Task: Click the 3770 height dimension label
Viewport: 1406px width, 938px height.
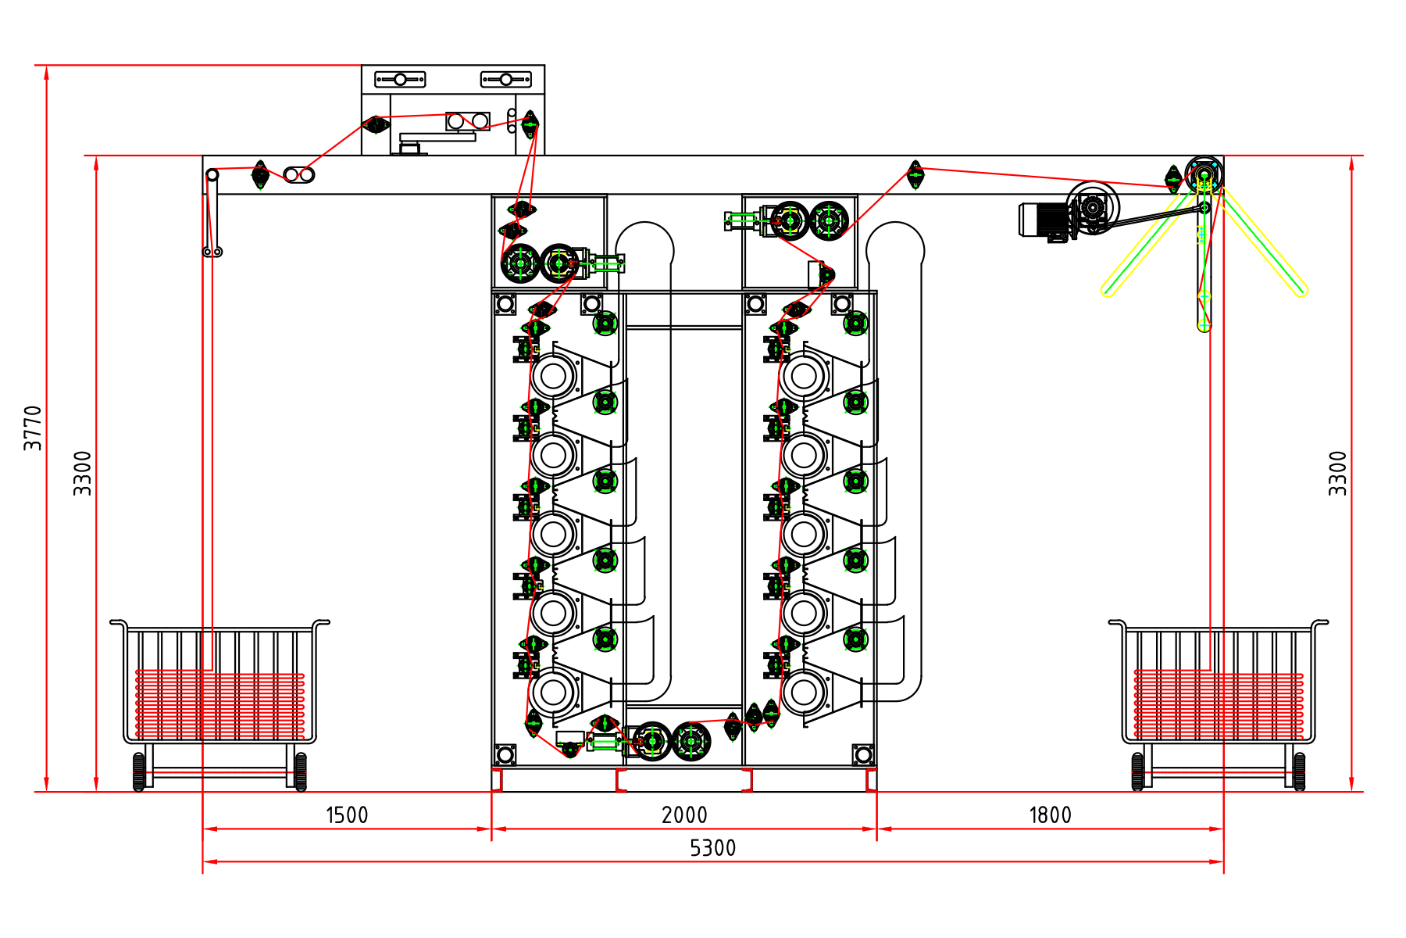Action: coord(33,428)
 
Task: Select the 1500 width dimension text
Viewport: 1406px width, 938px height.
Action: coord(347,815)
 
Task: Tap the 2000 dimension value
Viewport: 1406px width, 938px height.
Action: coord(684,815)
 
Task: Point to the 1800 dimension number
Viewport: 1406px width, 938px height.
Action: coord(1050,815)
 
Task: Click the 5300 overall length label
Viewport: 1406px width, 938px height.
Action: coord(712,848)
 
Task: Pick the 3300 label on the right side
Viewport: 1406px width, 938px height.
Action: coord(1338,473)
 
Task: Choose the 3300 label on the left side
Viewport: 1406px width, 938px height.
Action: coord(83,473)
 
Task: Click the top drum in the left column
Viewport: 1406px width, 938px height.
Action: coord(553,376)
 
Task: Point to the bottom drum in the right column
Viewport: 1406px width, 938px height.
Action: coord(804,692)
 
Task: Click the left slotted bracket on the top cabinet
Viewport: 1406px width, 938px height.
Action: coord(400,79)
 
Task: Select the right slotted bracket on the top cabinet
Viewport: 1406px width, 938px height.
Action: coord(506,79)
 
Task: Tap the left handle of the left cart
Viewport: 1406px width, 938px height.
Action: coord(119,623)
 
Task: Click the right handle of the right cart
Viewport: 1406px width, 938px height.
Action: coord(1320,623)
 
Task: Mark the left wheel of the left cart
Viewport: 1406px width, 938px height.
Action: coord(139,772)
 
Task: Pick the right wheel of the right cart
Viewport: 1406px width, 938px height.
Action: coord(1299,772)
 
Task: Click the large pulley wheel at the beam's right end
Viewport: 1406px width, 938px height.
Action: coord(1204,174)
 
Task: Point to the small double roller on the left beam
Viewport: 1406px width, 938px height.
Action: coord(299,175)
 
